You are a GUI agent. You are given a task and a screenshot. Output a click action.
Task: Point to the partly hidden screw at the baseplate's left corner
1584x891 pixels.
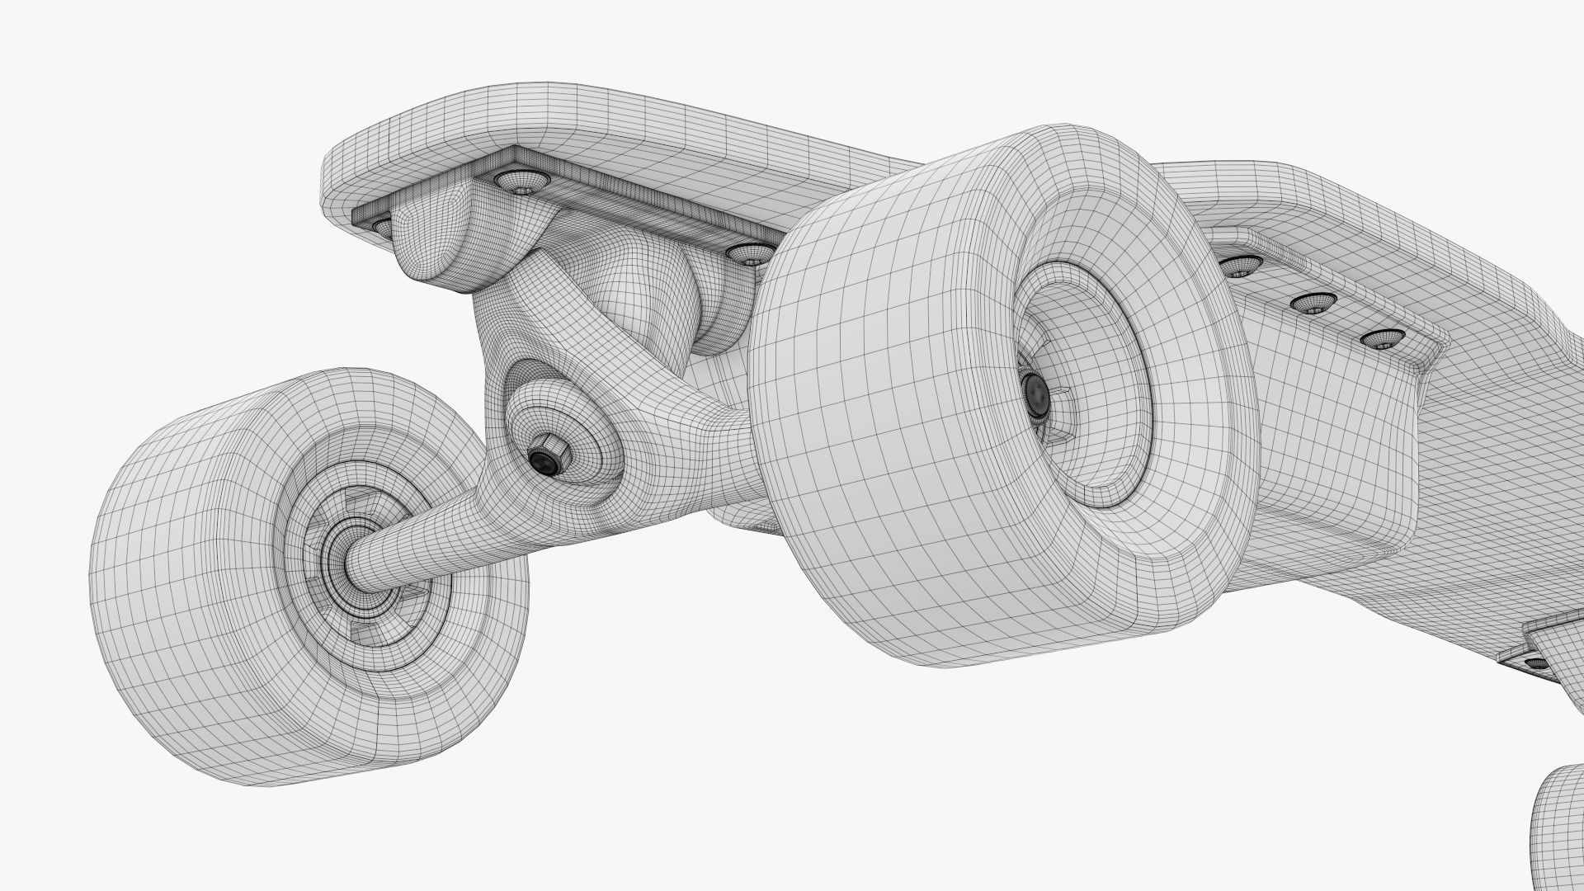381,224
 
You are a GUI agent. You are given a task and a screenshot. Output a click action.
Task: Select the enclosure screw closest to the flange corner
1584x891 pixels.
1383,338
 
